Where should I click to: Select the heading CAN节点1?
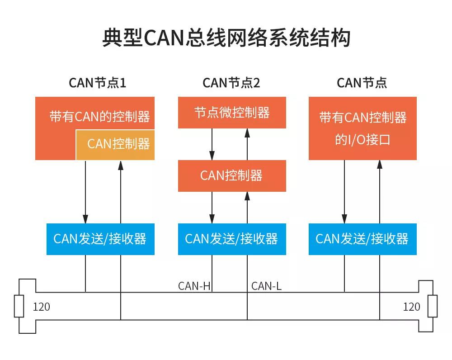97,83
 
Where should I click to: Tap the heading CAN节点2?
231,83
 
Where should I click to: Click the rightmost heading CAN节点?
362,83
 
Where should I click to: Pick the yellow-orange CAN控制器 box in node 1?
115,145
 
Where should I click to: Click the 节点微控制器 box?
232,113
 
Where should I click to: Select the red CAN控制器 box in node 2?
232,175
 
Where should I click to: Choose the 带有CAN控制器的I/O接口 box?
363,128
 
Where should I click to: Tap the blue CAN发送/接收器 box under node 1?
100,239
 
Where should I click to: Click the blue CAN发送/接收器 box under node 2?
232,239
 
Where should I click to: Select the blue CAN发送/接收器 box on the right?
363,239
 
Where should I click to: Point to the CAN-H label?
194,286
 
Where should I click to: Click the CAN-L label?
266,286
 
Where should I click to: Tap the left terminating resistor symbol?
19,306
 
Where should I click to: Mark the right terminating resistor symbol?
433,306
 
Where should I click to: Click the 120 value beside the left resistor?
42,307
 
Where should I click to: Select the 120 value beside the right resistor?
411,307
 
